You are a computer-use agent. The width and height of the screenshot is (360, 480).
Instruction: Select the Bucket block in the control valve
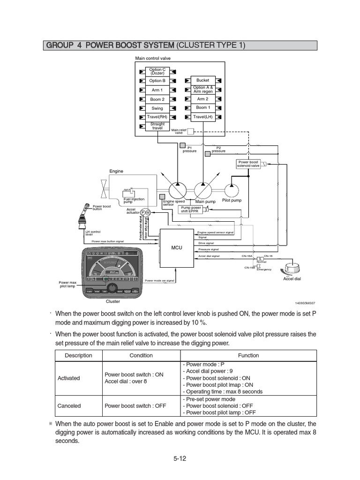coord(202,80)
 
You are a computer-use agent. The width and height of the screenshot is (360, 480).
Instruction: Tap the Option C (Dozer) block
coord(157,72)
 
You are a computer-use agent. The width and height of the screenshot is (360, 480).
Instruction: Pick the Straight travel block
coord(157,126)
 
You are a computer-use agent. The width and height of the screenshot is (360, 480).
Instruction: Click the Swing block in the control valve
coord(157,108)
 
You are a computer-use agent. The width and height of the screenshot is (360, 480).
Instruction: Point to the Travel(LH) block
coord(202,117)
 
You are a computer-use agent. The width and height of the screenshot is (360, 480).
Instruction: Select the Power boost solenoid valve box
coord(248,164)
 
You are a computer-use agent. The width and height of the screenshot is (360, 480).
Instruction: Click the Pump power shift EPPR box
coord(191,209)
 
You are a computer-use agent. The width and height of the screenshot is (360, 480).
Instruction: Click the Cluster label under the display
coord(113,302)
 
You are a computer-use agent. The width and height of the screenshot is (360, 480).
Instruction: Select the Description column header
coord(78,355)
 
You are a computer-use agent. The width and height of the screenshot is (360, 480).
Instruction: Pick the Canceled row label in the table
coord(69,406)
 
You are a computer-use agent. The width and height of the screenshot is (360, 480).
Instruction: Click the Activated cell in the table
coord(68,378)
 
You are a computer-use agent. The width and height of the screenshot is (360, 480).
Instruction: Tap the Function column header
coord(248,355)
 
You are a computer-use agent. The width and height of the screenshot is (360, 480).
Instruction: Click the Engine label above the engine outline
coord(116,172)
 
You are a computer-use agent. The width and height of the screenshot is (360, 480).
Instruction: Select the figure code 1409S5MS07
coord(305,303)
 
